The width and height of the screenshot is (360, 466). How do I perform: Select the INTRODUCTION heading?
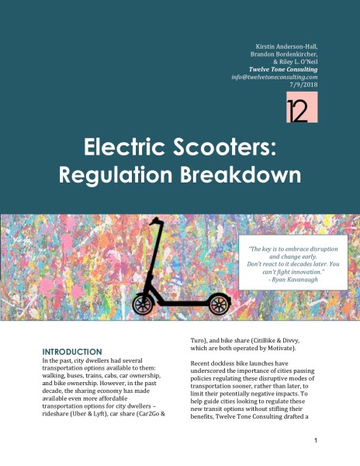click(x=71, y=352)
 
